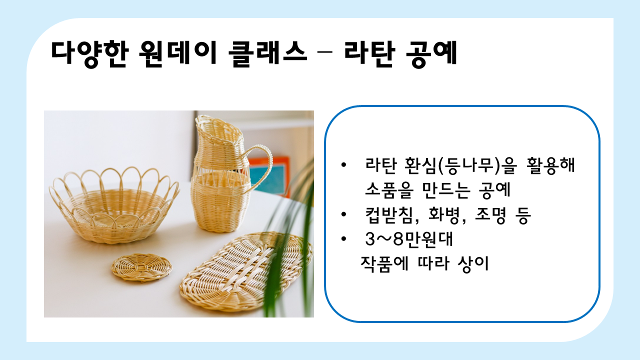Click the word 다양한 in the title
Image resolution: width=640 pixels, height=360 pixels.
point(90,53)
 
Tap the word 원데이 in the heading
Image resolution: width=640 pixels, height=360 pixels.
point(177,53)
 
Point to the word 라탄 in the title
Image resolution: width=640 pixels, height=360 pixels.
point(369,53)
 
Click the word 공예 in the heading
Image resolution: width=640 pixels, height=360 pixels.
point(431,53)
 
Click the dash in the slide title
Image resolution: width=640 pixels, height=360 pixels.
point(325,52)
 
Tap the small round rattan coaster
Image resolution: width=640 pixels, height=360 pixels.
point(141,267)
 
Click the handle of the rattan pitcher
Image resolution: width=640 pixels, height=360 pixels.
point(261,165)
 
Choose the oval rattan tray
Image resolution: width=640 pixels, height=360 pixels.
point(245,271)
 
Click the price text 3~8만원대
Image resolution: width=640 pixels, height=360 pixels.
point(409,239)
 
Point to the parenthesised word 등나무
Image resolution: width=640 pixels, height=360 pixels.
point(468,165)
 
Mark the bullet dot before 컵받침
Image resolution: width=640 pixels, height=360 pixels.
point(343,214)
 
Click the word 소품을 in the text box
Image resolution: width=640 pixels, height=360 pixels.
point(389,190)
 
